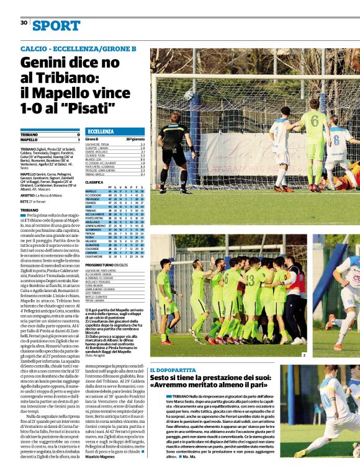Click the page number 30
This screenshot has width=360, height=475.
pos(24,23)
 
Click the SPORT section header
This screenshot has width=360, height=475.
pos(56,25)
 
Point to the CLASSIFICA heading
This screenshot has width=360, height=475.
pos(94,182)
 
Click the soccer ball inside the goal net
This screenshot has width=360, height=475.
pos(189,95)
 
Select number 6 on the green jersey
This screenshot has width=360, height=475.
pos(315,120)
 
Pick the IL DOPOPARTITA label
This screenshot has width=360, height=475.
pos(172,370)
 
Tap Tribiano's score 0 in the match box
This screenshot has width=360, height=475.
pos(78,135)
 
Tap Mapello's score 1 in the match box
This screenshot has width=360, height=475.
pos(78,140)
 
